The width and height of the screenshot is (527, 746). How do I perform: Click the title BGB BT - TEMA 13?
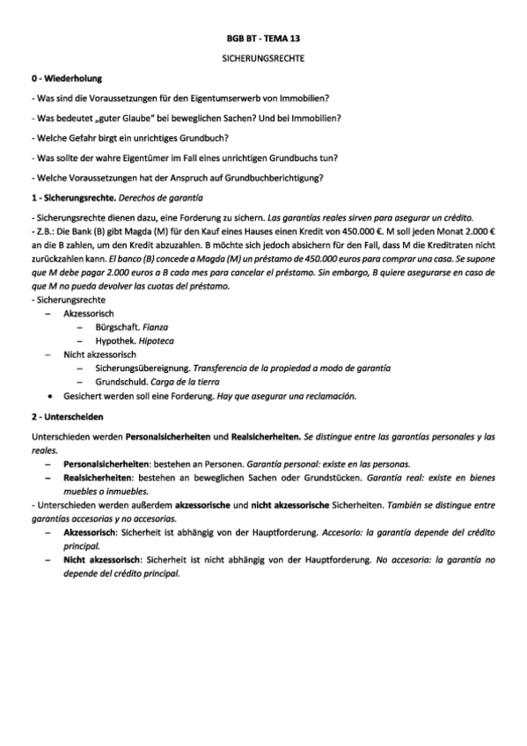[x=263, y=40]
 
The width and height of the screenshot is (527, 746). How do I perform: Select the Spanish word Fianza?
[x=156, y=326]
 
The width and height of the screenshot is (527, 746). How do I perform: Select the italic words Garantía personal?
[x=281, y=463]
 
